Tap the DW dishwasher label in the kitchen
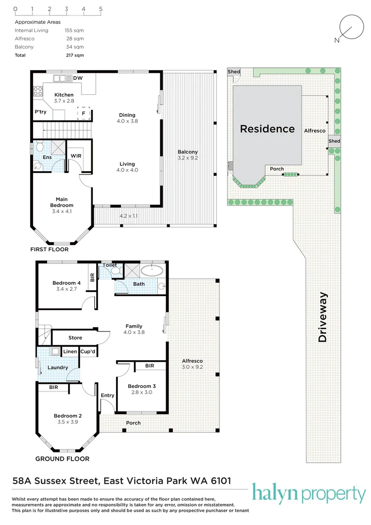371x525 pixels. tap(78, 78)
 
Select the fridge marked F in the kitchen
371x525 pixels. tap(84, 113)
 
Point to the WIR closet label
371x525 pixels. tap(76, 156)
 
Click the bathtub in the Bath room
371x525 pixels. tap(153, 270)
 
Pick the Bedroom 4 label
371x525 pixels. tap(67, 283)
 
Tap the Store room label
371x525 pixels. tap(75, 338)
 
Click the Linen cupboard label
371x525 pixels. tap(70, 351)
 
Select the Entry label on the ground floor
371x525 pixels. tap(107, 395)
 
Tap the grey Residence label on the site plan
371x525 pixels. tap(267, 129)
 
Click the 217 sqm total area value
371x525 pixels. tap(75, 55)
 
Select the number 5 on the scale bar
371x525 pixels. tap(101, 9)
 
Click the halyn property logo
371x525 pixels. tap(308, 495)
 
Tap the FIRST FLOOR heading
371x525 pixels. tap(49, 249)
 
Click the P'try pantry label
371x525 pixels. tap(40, 112)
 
